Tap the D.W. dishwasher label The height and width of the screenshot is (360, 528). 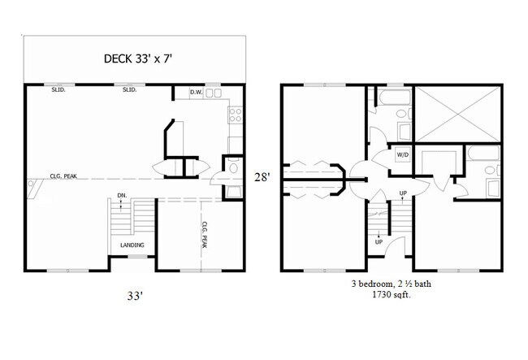pos(196,93)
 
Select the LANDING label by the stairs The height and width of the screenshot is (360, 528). pos(132,245)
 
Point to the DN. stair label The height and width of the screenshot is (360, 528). pos(121,195)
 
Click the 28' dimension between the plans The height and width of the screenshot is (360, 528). pos(262,176)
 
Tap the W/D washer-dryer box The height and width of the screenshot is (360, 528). pos(402,154)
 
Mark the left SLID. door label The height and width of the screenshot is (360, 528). pos(59,90)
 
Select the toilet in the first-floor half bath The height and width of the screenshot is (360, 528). pos(232,169)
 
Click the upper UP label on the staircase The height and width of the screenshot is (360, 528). pos(403,193)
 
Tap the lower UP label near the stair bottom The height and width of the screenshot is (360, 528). pos(379,241)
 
